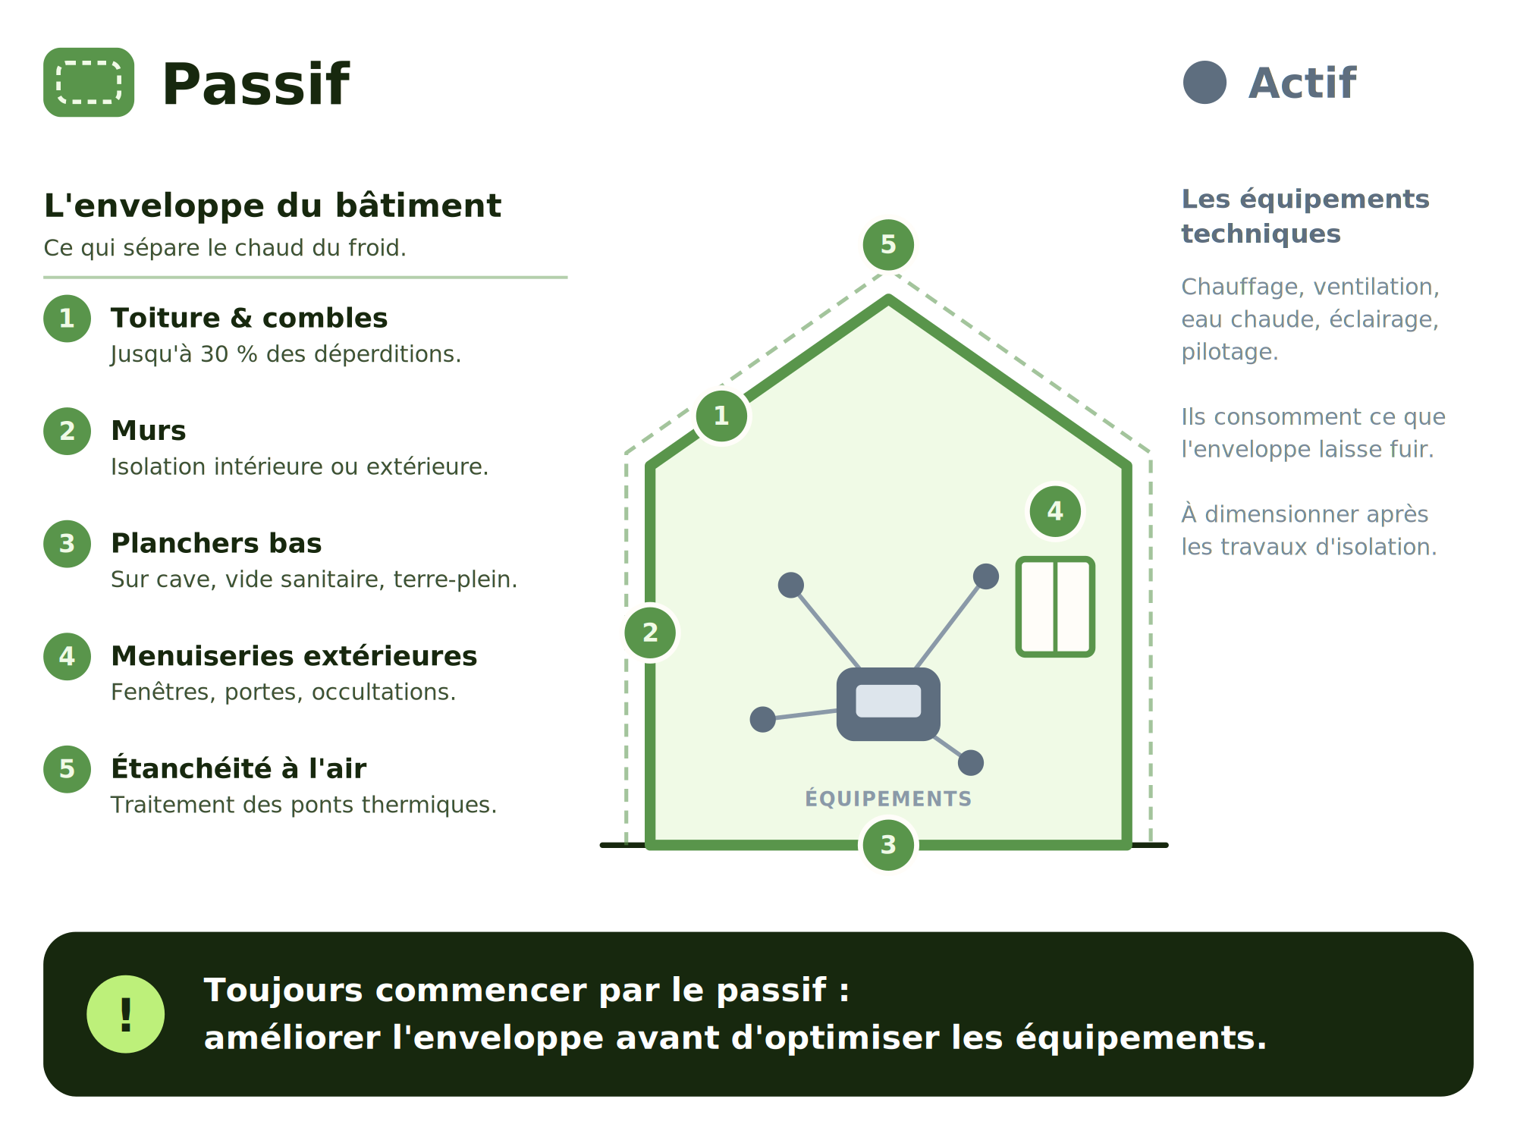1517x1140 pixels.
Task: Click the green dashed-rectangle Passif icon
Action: pos(89,82)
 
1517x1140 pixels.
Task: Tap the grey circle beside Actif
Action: pos(1204,82)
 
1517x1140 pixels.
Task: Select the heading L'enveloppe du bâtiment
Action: pos(272,206)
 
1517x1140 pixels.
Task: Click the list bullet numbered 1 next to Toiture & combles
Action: pos(67,318)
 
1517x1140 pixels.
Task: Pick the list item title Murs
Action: pos(148,430)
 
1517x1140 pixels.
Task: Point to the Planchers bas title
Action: pos(216,543)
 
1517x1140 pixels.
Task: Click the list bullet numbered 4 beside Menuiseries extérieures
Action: pos(67,656)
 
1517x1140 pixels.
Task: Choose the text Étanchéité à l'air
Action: pos(238,768)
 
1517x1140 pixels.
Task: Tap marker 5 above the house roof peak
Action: pos(888,244)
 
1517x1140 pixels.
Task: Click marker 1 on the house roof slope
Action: pos(721,416)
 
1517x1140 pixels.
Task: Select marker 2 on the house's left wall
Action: pos(650,633)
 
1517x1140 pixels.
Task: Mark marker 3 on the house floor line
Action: pos(888,844)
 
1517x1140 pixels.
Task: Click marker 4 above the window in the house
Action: pos(1055,511)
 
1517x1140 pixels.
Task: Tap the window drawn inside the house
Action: pos(1055,606)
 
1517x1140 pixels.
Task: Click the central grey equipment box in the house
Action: pos(888,704)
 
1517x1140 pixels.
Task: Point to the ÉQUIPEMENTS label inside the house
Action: pos(888,799)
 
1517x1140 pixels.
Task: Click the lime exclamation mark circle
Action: pos(126,1014)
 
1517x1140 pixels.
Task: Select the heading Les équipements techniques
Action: pos(1305,216)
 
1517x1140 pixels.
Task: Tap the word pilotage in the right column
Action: pos(1230,352)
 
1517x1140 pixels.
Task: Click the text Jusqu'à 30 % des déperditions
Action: pos(286,354)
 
